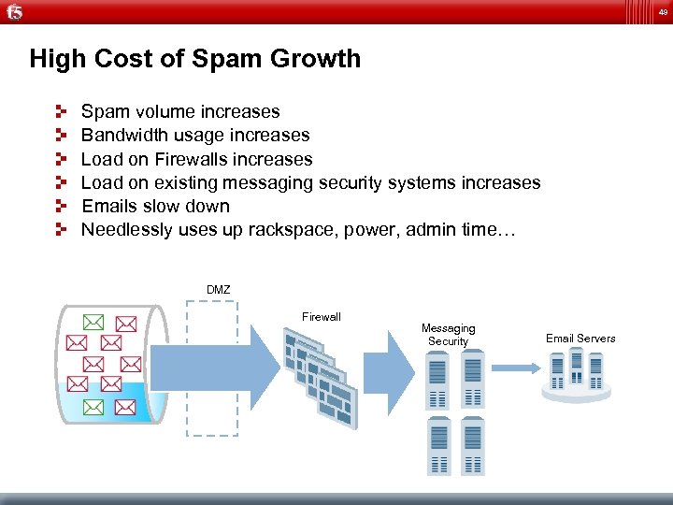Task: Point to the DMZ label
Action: (218, 291)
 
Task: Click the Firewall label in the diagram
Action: (321, 317)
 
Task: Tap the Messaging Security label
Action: (448, 335)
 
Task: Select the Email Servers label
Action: (580, 339)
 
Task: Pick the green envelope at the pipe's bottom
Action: (93, 407)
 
